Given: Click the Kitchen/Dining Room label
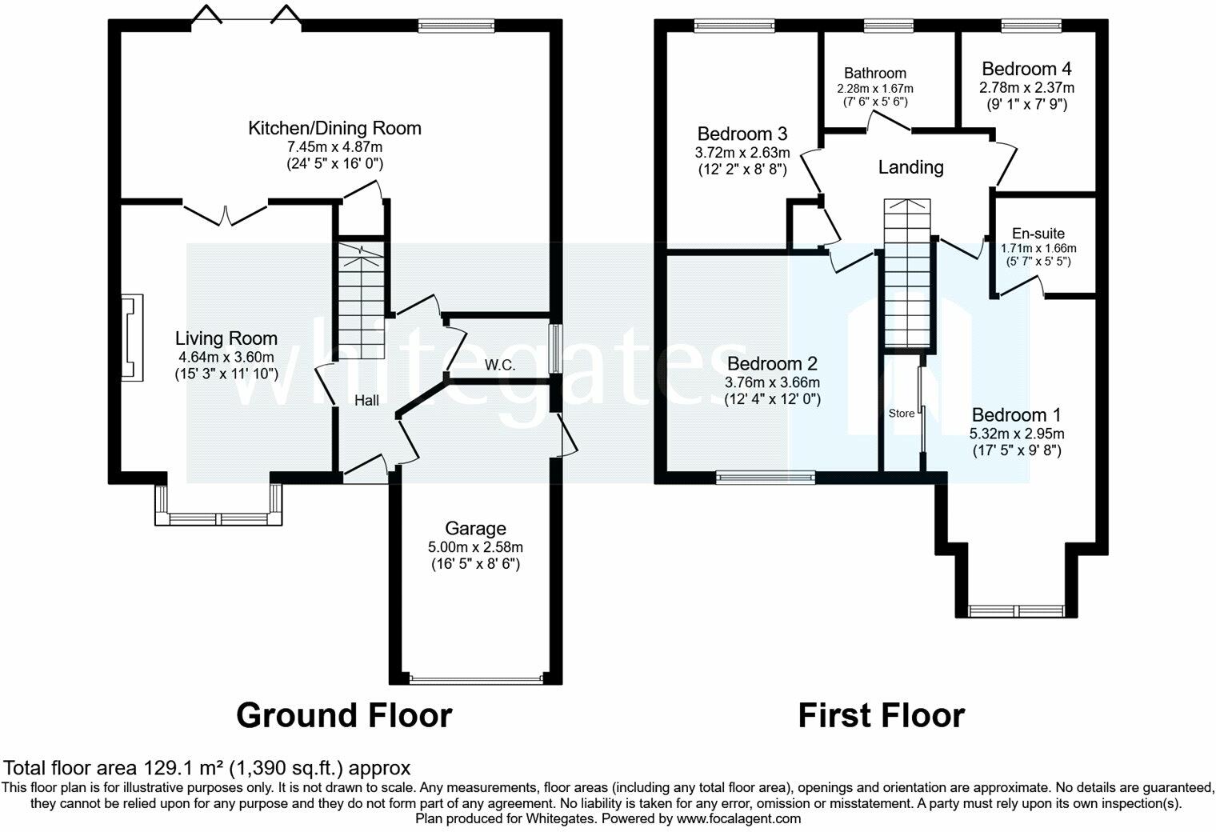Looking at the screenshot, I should pyautogui.click(x=334, y=128).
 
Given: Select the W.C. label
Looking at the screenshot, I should pyautogui.click(x=499, y=366).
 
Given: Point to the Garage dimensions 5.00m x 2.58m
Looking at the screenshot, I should pyautogui.click(x=475, y=547).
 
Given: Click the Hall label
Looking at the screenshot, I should pyautogui.click(x=367, y=401).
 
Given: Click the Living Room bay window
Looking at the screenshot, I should pyautogui.click(x=219, y=518).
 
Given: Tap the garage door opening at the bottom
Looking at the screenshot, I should pyautogui.click(x=476, y=680).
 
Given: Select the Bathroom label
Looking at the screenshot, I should pyautogui.click(x=875, y=74).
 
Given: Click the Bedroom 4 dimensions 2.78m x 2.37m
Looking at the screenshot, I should pyautogui.click(x=1027, y=87).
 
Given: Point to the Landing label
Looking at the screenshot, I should pyautogui.click(x=910, y=167).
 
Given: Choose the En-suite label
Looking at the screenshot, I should pyautogui.click(x=1038, y=234).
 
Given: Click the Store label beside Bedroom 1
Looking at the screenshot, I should pyautogui.click(x=902, y=414).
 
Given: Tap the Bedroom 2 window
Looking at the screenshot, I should pyautogui.click(x=765, y=478).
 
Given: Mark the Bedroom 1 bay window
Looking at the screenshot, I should pyautogui.click(x=1018, y=611).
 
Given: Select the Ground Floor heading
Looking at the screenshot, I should pyautogui.click(x=344, y=715).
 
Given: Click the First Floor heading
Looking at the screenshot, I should pyautogui.click(x=881, y=715).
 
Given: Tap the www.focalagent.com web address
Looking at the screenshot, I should pyautogui.click(x=738, y=818).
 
